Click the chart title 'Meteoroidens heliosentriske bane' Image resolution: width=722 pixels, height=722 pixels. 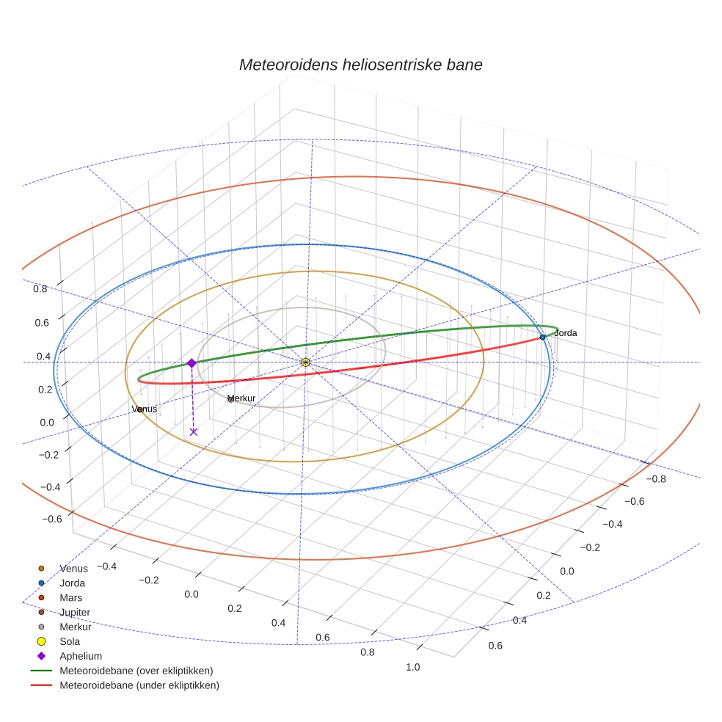tap(360, 65)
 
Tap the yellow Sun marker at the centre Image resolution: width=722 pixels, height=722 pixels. tap(305, 362)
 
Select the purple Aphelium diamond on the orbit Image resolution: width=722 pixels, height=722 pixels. tap(192, 363)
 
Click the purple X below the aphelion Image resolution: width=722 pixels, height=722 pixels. tap(194, 431)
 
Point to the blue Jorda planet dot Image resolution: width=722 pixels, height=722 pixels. tap(542, 337)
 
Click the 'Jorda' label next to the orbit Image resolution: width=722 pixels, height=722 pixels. tap(566, 333)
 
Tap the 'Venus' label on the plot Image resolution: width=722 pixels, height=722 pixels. tap(145, 409)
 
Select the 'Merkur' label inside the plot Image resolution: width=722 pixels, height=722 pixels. tap(242, 398)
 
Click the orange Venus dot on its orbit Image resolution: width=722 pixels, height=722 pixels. tap(140, 409)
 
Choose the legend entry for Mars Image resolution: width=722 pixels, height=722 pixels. tap(70, 597)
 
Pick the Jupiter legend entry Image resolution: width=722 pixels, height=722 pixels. tap(75, 612)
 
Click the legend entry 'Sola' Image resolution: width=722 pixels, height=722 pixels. tap(70, 641)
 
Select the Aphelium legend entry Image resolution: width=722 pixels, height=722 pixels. tap(81, 656)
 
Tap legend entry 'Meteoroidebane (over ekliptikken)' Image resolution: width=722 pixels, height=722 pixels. tap(136, 671)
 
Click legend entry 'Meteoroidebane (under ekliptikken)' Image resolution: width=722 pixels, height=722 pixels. tap(139, 685)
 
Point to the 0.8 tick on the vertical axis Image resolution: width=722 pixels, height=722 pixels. tap(40, 288)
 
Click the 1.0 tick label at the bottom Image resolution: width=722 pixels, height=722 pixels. tap(413, 667)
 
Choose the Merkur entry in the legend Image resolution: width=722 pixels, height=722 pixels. tap(75, 627)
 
